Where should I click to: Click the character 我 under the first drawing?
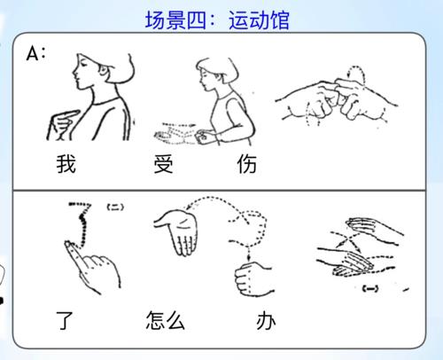coord(66,164)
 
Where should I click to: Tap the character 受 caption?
coord(163,164)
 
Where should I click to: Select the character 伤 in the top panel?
coord(247,164)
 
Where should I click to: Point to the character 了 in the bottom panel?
coord(65,320)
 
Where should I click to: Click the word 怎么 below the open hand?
coord(166,320)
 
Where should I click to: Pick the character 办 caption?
coord(266,321)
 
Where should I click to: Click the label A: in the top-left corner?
coord(36,54)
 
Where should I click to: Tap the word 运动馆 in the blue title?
coord(259,20)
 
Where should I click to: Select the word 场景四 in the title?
coord(175,20)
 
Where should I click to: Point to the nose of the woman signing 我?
coord(74,72)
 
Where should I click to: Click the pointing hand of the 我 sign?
coord(63,125)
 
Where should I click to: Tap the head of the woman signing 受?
coord(217,74)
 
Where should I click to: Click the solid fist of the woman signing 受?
coord(203,137)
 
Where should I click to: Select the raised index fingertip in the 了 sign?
coord(68,245)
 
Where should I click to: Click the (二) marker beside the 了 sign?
coord(115,207)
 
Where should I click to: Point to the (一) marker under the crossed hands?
coord(370,288)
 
